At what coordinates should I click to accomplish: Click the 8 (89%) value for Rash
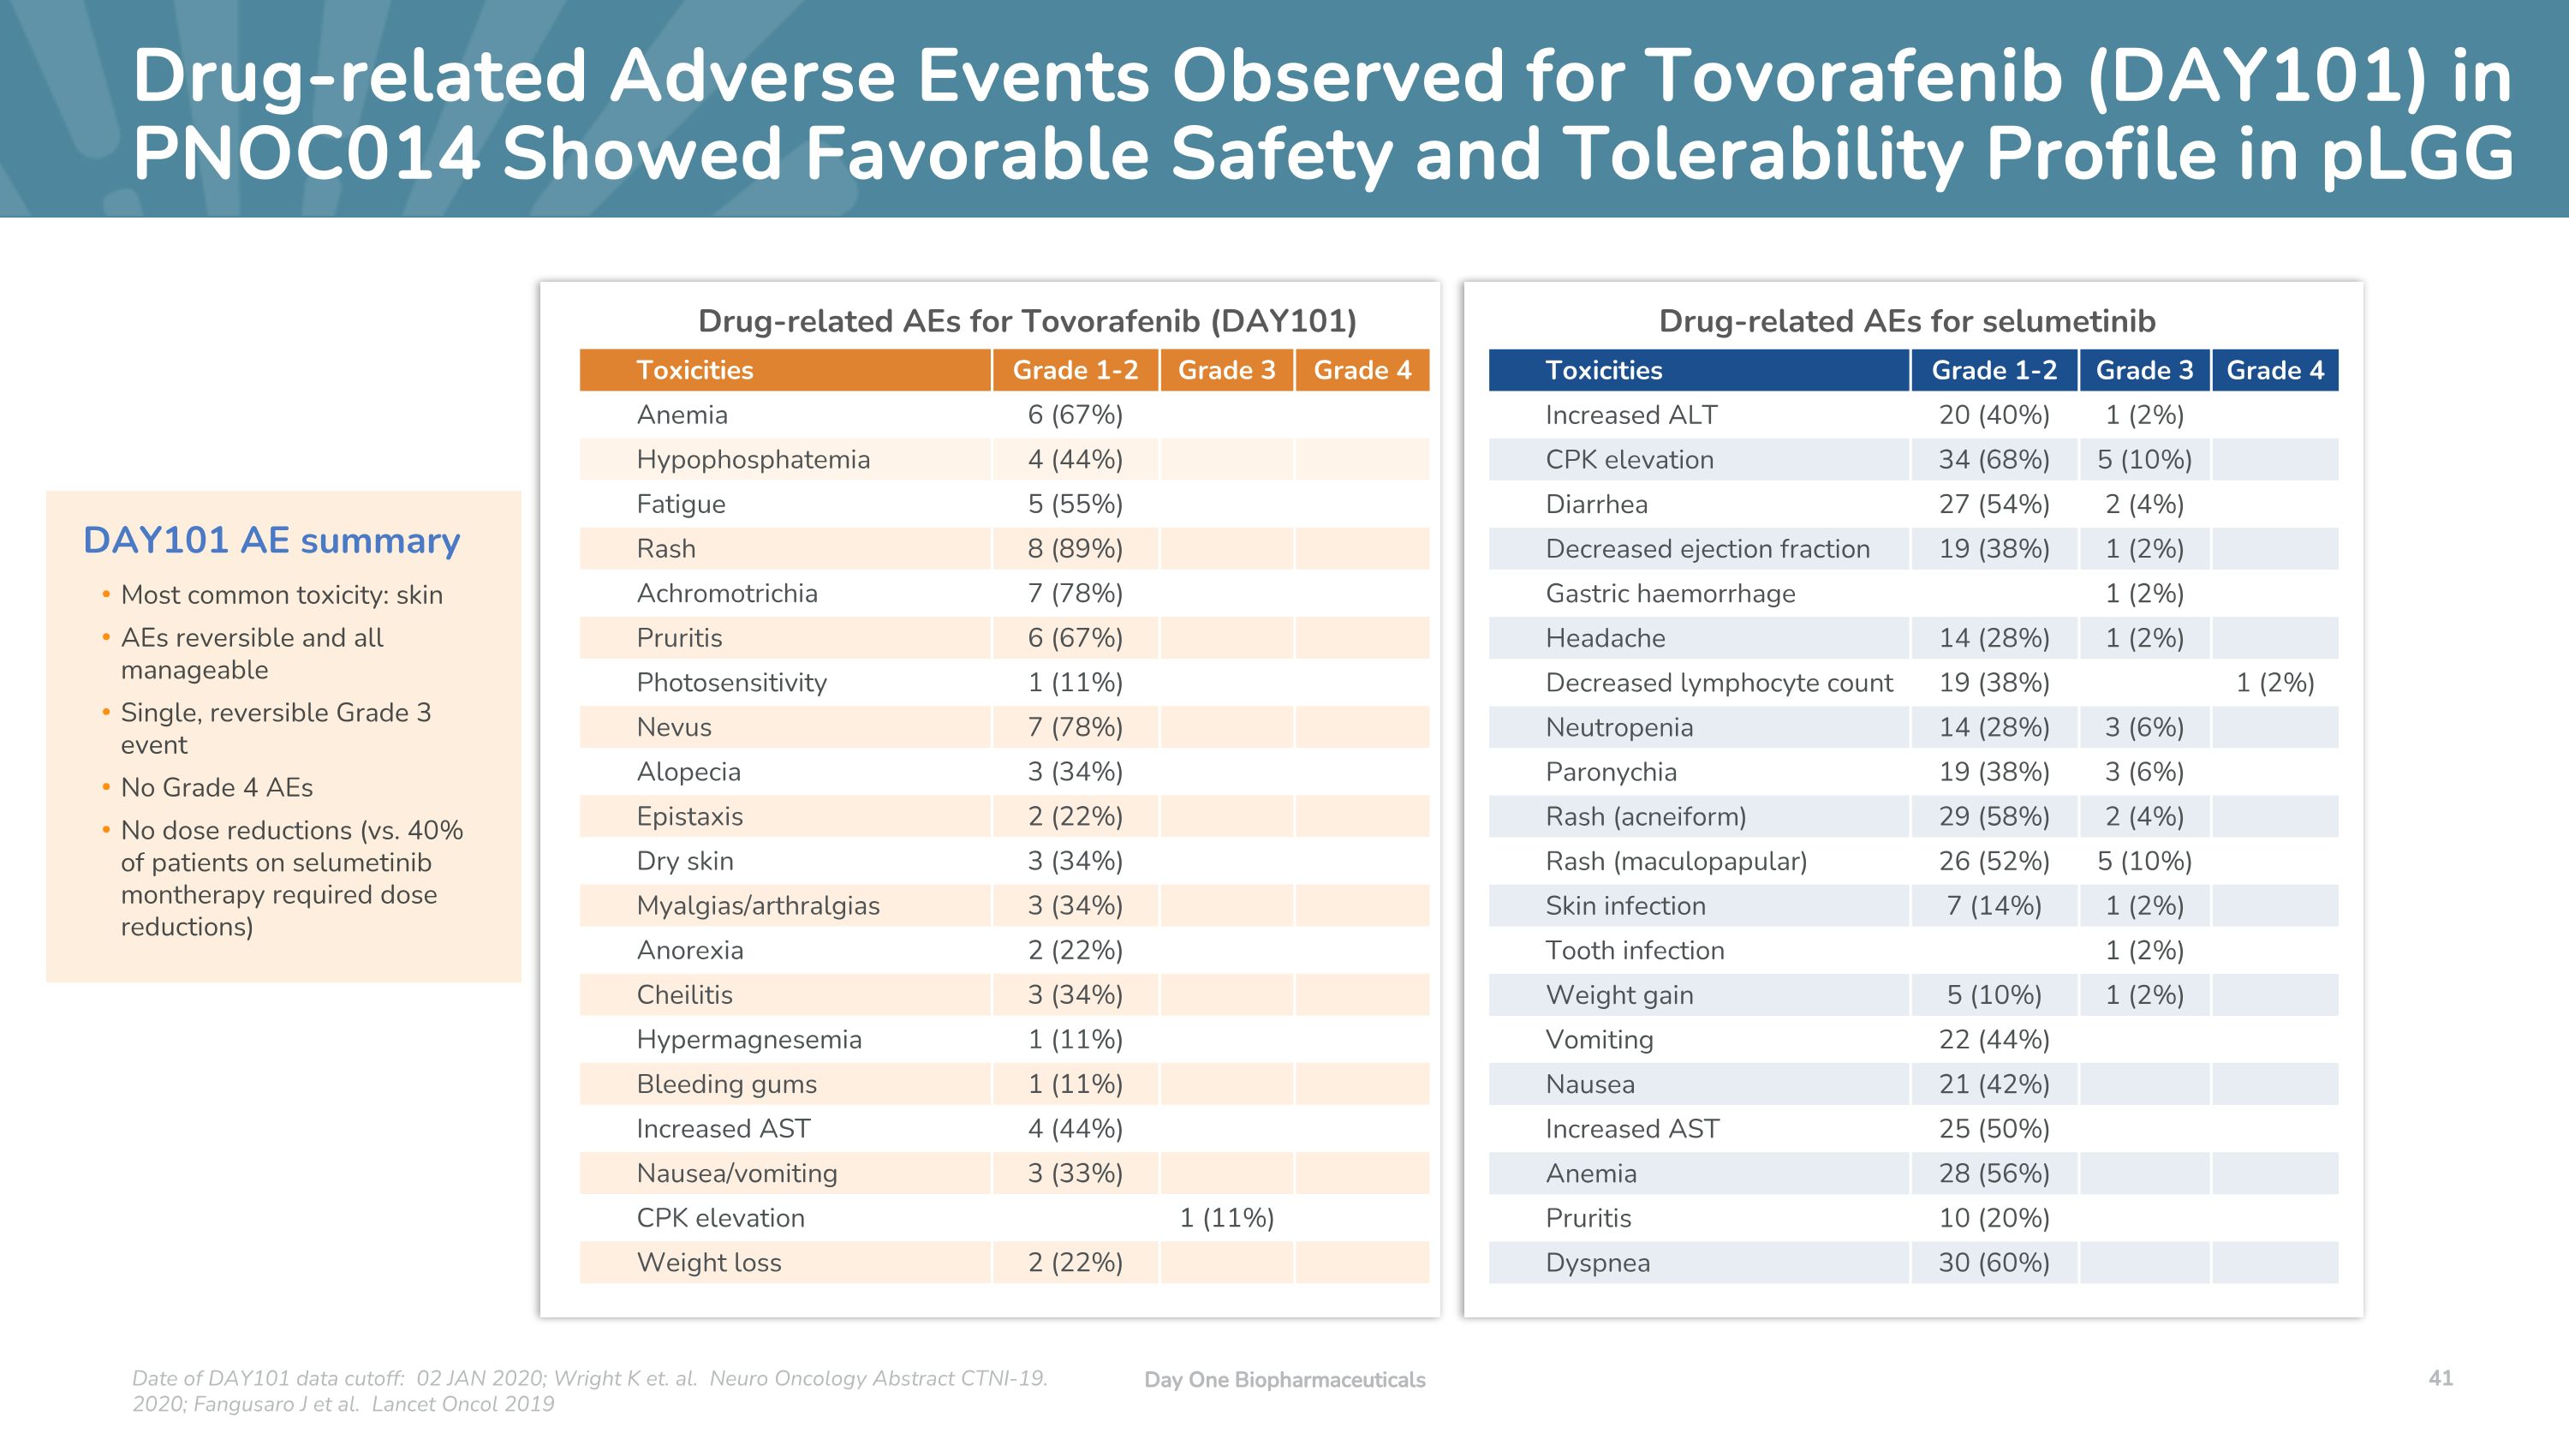[1075, 548]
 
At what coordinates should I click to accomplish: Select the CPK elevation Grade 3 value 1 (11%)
[1226, 1218]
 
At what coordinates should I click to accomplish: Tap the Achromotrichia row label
[727, 594]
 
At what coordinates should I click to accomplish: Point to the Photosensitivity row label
[732, 682]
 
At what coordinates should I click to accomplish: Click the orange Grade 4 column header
[1362, 370]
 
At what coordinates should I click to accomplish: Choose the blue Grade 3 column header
[2144, 370]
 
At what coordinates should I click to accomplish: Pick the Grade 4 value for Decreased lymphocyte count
[2274, 682]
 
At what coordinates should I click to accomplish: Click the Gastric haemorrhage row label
[1671, 594]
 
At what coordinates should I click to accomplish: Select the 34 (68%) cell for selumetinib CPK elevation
[1994, 460]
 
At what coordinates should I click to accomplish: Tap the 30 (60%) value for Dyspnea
[1994, 1263]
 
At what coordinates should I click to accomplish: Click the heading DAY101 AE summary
[271, 540]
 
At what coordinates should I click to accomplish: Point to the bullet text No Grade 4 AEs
[217, 787]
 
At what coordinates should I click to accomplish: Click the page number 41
[2441, 1377]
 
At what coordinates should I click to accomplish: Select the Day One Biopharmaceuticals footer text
[1284, 1379]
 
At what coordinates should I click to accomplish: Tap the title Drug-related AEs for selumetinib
[1907, 321]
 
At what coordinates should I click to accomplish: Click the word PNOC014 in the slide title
[307, 153]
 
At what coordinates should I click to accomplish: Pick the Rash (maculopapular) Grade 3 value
[2144, 861]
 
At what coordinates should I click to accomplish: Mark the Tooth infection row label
[1635, 951]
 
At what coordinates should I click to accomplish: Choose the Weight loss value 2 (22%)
[1075, 1263]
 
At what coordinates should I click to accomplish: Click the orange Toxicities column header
[695, 370]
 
